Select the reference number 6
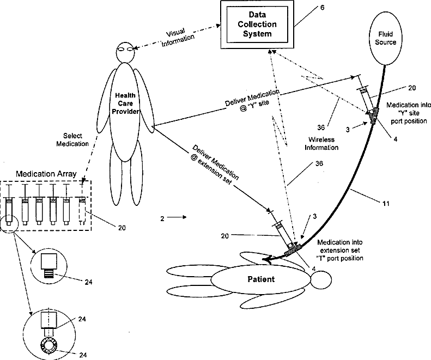click(x=323, y=8)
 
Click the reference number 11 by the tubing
click(x=386, y=204)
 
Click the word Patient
click(x=261, y=279)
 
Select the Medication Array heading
click(x=46, y=174)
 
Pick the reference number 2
click(x=162, y=218)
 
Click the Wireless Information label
click(x=321, y=143)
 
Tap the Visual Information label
click(x=177, y=37)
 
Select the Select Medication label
click(x=72, y=139)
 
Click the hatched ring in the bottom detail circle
click(x=41, y=345)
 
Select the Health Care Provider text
click(x=125, y=103)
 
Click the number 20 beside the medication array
click(x=122, y=228)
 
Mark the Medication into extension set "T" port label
click(x=340, y=250)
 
